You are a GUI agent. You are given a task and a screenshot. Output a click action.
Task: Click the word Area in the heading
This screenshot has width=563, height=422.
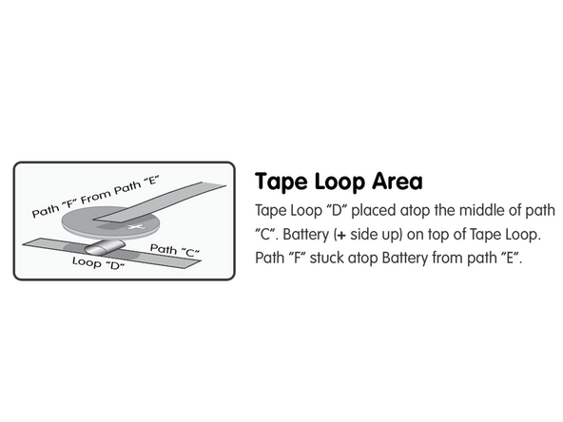pyautogui.click(x=398, y=182)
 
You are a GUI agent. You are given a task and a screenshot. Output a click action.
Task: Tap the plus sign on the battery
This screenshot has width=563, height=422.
pyautogui.click(x=136, y=227)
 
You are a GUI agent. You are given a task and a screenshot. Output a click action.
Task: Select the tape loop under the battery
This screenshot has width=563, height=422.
pyautogui.click(x=104, y=246)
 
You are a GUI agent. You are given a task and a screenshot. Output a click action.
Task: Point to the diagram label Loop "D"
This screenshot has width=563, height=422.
pyautogui.click(x=98, y=263)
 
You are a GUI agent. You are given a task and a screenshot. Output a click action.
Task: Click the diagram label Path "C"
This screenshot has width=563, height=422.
pyautogui.click(x=174, y=250)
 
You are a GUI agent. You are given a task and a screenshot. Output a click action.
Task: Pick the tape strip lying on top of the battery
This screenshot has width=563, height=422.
pyautogui.click(x=160, y=202)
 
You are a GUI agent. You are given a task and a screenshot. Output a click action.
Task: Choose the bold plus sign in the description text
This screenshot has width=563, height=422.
pyautogui.click(x=341, y=236)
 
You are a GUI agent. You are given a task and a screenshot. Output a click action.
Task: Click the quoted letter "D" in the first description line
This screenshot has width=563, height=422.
pyautogui.click(x=336, y=210)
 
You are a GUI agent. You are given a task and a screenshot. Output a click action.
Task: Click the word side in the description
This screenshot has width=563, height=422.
pyautogui.click(x=363, y=235)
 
